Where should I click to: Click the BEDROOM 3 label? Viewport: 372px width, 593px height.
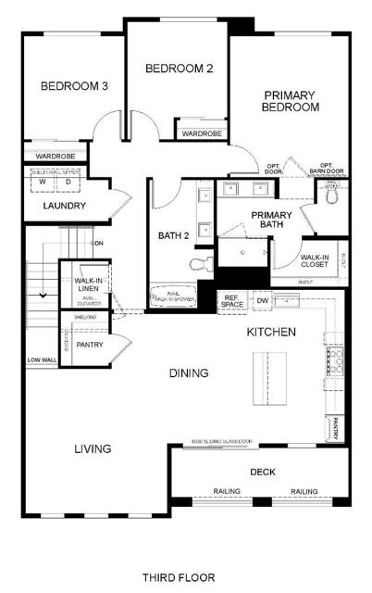[x=74, y=86]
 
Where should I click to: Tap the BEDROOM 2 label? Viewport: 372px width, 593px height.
[x=179, y=68]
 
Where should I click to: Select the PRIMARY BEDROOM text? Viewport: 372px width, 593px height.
[x=291, y=101]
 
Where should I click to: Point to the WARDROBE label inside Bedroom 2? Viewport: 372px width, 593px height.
[x=199, y=133]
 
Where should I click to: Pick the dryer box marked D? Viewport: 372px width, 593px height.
[x=68, y=182]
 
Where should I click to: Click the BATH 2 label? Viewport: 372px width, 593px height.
[x=173, y=236]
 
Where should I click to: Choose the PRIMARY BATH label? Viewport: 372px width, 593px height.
[x=271, y=221]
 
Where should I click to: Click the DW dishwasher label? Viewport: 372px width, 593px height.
[x=262, y=300]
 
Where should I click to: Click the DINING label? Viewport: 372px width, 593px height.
[x=188, y=372]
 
